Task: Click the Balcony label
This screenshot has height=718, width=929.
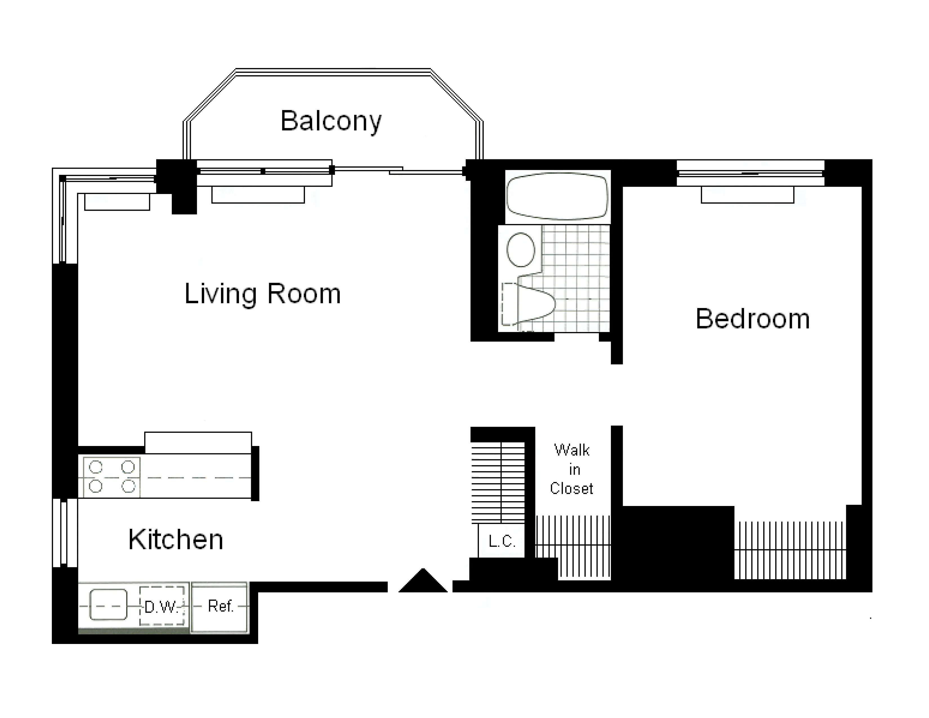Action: pyautogui.click(x=331, y=121)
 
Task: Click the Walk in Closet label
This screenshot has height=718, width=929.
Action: pyautogui.click(x=572, y=469)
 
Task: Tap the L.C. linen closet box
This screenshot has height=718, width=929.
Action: pyautogui.click(x=501, y=541)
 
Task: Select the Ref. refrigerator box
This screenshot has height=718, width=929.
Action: pyautogui.click(x=220, y=607)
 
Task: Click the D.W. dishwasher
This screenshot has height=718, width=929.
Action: pyautogui.click(x=162, y=606)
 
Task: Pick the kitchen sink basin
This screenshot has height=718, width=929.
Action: pyautogui.click(x=108, y=605)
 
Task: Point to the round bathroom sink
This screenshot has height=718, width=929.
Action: pyautogui.click(x=521, y=250)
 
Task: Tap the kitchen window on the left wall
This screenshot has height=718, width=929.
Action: pyautogui.click(x=65, y=532)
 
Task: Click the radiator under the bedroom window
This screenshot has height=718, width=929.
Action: pyautogui.click(x=747, y=195)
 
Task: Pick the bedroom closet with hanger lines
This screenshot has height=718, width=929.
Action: pyautogui.click(x=790, y=550)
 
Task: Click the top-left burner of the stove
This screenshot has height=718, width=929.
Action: pyautogui.click(x=96, y=467)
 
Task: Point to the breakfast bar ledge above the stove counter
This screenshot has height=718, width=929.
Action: pyautogui.click(x=198, y=443)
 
